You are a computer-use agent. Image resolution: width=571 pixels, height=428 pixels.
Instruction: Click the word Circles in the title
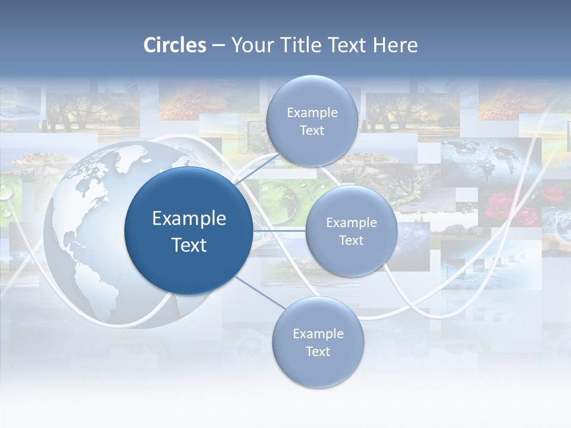tap(175, 45)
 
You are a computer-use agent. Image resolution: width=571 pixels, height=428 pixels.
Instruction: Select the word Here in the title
tap(395, 45)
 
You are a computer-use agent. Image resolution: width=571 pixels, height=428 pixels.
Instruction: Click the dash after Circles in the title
tap(218, 46)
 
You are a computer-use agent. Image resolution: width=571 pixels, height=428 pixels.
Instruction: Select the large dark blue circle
tap(189, 231)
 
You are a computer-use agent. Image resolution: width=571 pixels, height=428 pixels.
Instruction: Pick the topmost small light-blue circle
tap(312, 121)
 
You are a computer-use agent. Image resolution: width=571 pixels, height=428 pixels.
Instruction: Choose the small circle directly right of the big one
tap(351, 231)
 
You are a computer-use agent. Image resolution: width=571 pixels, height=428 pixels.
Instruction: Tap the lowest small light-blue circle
tap(318, 342)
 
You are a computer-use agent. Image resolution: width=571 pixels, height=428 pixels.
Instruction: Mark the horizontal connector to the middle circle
tap(279, 230)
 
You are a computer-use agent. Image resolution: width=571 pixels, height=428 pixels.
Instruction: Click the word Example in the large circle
tap(189, 218)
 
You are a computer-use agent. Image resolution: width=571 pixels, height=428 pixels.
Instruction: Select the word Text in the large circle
tap(189, 245)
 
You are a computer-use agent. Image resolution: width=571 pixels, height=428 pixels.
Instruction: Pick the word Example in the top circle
tap(312, 112)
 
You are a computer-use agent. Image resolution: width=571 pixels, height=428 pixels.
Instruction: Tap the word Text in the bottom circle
tap(318, 351)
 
